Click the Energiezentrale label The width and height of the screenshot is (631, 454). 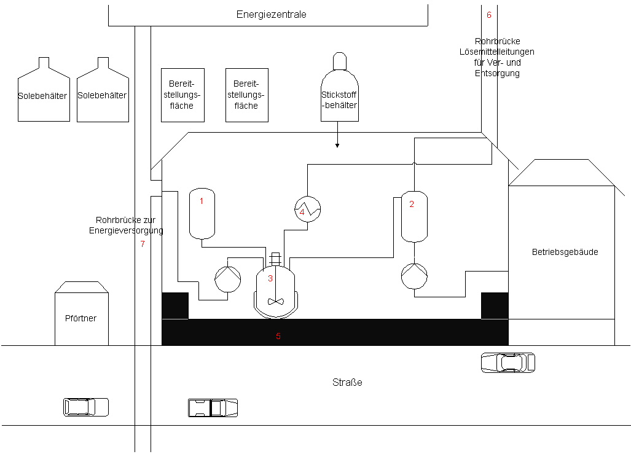pyautogui.click(x=271, y=15)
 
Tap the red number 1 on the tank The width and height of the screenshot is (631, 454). pyautogui.click(x=202, y=201)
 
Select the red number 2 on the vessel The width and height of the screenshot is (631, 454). pyautogui.click(x=412, y=204)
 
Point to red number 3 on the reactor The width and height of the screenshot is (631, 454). pyautogui.click(x=270, y=278)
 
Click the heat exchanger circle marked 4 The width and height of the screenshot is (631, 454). pyautogui.click(x=307, y=209)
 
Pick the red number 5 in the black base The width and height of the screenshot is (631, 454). pyautogui.click(x=278, y=336)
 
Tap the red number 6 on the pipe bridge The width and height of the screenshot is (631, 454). pyautogui.click(x=489, y=15)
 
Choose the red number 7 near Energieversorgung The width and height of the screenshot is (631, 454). pyautogui.click(x=143, y=243)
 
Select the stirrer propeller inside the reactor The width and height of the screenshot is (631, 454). pyautogui.click(x=276, y=301)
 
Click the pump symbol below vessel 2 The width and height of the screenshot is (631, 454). pyautogui.click(x=415, y=276)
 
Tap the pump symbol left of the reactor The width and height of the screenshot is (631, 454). pyautogui.click(x=228, y=279)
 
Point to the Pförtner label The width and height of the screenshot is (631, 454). pyautogui.click(x=80, y=318)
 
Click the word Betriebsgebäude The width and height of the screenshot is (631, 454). pyautogui.click(x=565, y=252)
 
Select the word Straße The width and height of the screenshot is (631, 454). pyautogui.click(x=347, y=382)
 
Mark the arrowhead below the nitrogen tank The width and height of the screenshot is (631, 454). pyautogui.click(x=337, y=146)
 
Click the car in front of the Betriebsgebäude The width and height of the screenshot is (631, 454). pyautogui.click(x=508, y=362)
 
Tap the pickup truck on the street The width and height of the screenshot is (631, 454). pyautogui.click(x=213, y=408)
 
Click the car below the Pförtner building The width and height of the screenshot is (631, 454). pyautogui.click(x=86, y=407)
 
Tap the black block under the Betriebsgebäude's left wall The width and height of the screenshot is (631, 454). pyautogui.click(x=495, y=306)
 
